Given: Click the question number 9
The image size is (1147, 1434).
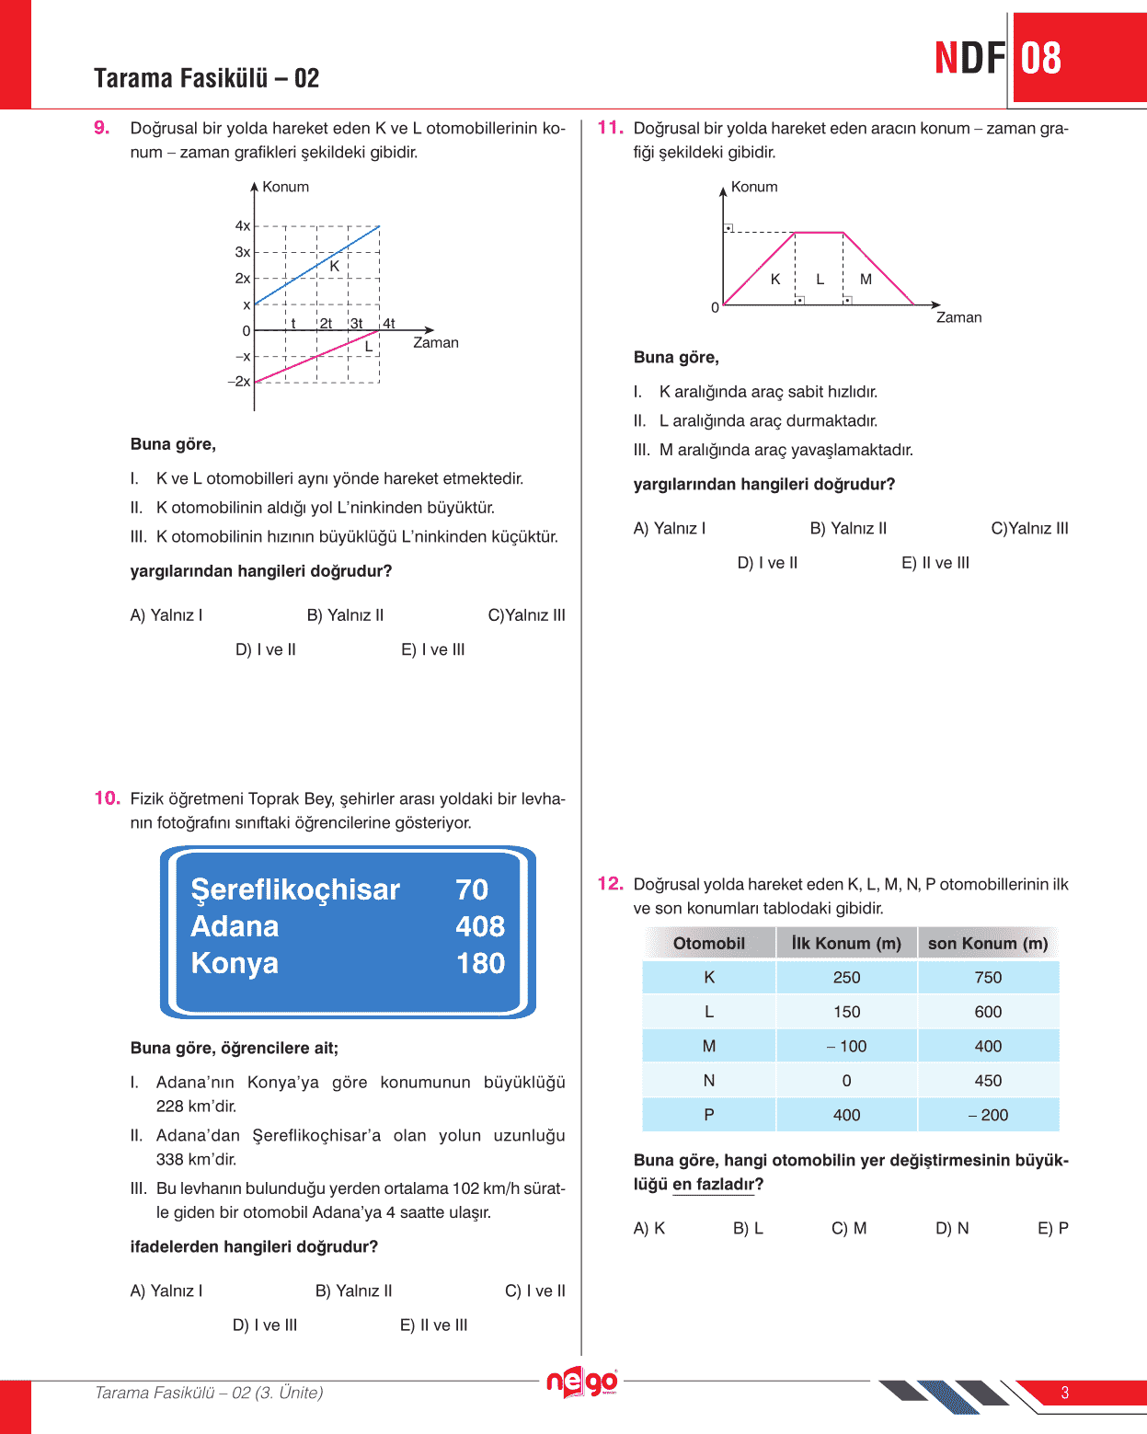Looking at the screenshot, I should point(102,128).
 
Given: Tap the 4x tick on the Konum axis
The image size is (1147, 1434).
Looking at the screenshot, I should point(243,226).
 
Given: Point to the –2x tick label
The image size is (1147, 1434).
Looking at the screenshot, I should point(239,382).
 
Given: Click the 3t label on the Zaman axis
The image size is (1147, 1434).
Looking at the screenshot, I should point(356,324).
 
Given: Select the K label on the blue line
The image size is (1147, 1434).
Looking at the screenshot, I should point(335,267).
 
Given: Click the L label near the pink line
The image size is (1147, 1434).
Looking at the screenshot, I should point(369,347).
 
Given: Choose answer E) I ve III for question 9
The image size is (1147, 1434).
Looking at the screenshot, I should point(432,649).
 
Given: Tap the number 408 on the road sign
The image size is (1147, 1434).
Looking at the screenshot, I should point(480,926).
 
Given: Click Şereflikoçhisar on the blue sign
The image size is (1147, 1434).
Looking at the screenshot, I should point(295,889).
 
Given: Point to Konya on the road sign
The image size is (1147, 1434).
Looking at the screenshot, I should point(235,963).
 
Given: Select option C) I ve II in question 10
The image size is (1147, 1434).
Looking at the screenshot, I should point(535,1291).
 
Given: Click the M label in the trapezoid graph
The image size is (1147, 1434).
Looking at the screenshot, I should point(866,280).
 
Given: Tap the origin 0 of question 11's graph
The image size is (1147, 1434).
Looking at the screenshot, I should point(715,308).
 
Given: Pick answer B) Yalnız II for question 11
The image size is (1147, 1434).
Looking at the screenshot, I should point(848,528).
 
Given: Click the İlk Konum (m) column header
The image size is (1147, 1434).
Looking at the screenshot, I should point(846,944).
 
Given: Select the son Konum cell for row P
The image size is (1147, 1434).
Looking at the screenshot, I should point(988,1115).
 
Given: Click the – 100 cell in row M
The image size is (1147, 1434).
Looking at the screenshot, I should point(846,1047).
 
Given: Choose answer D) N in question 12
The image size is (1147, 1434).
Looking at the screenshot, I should point(952,1228).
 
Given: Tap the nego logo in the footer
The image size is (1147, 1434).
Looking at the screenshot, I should point(581,1382).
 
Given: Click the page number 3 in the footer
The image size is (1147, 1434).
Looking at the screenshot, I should point(1065,1393).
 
